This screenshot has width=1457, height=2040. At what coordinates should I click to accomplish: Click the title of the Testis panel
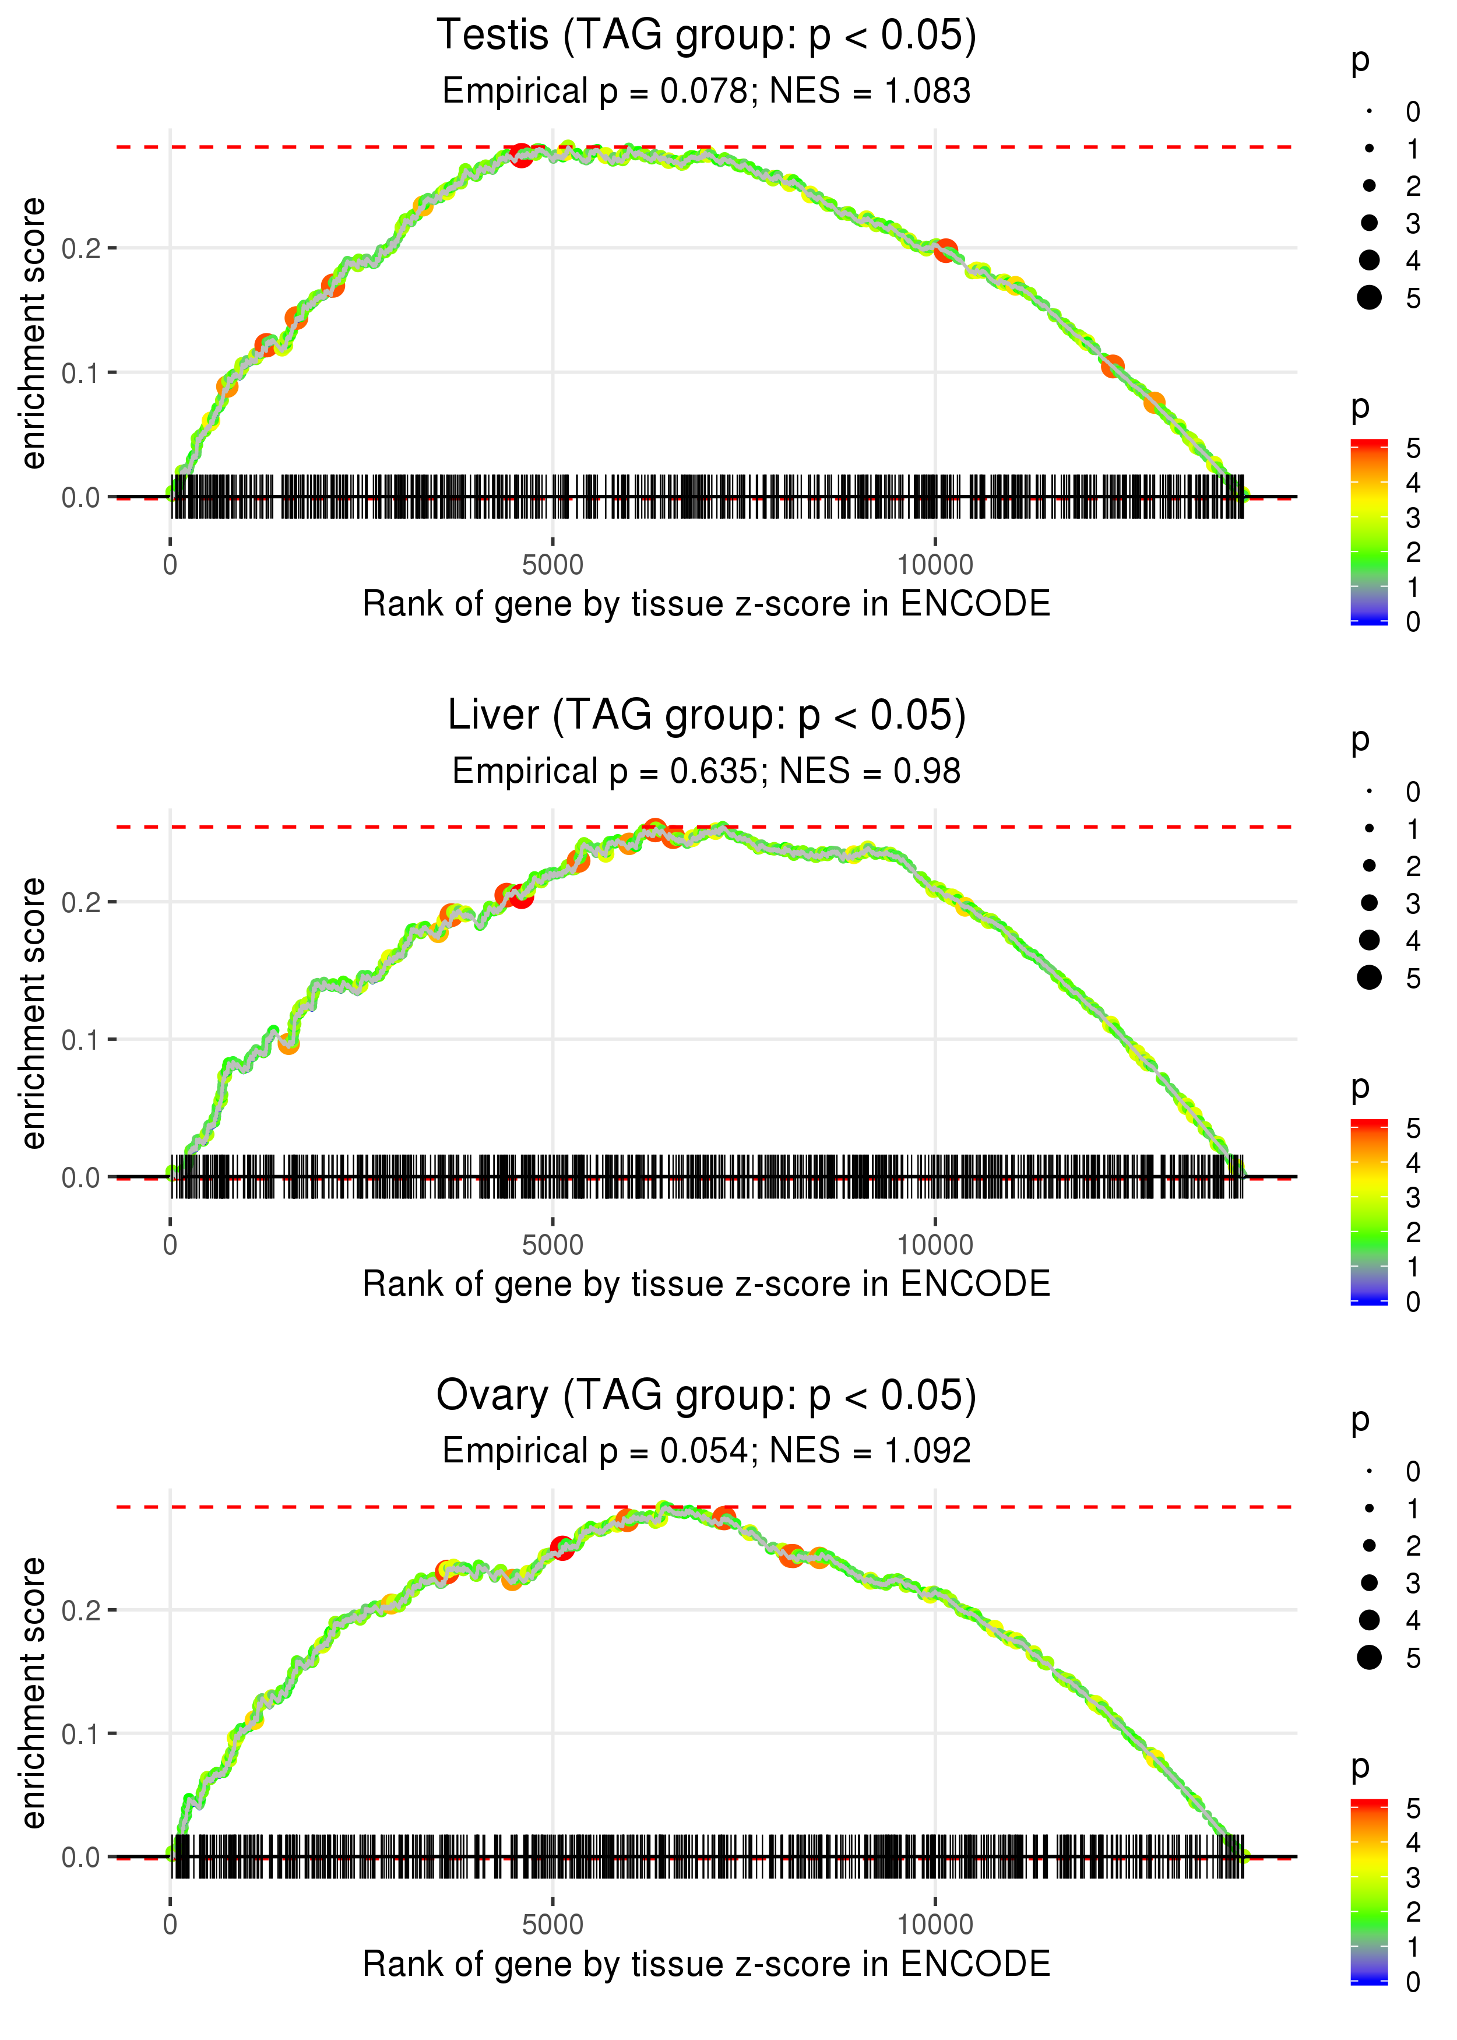[x=706, y=36]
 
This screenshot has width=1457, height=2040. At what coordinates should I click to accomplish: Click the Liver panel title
[x=706, y=716]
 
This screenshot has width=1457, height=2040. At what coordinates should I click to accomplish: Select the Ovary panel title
[x=706, y=1396]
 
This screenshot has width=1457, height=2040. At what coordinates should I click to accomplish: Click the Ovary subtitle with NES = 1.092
[x=706, y=1451]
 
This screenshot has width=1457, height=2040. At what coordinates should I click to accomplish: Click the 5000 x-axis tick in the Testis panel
[x=552, y=565]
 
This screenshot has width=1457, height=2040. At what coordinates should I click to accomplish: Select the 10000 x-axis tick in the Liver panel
[x=935, y=1245]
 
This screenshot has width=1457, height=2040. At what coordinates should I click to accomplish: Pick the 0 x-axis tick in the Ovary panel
[x=170, y=1925]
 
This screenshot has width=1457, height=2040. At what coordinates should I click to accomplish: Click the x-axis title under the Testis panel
[x=706, y=604]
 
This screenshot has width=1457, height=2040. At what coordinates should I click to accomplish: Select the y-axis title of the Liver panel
[x=33, y=1014]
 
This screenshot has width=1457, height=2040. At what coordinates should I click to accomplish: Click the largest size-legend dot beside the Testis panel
[x=1369, y=298]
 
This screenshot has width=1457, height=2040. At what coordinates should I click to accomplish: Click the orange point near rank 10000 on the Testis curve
[x=945, y=251]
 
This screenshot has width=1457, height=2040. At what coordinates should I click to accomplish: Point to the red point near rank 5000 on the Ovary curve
[x=562, y=1547]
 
